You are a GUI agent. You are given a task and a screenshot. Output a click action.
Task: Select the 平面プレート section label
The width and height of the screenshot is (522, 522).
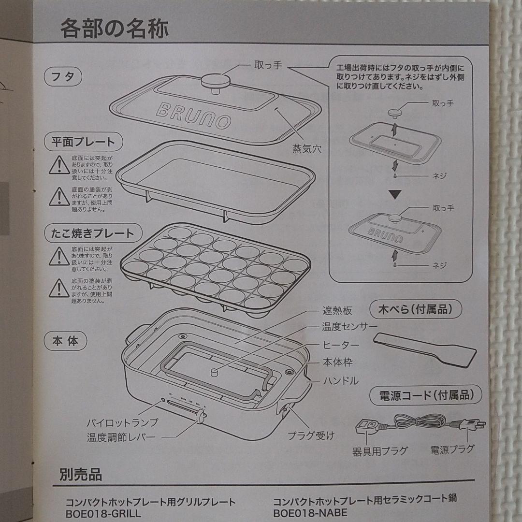pyautogui.click(x=83, y=142)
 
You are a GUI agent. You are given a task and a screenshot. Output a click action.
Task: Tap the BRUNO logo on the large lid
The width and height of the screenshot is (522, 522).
pyautogui.click(x=193, y=115)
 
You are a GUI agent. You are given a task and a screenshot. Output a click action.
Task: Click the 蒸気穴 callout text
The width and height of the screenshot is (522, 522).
pyautogui.click(x=306, y=149)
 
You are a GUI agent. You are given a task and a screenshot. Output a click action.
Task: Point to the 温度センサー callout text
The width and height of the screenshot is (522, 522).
pyautogui.click(x=349, y=327)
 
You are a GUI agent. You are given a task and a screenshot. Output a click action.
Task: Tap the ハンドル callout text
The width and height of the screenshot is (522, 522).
pyautogui.click(x=341, y=381)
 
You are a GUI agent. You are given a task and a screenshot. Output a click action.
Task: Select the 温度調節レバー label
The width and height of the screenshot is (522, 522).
pyautogui.click(x=121, y=438)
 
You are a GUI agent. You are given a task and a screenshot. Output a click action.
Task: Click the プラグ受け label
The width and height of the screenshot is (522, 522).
pyautogui.click(x=311, y=436)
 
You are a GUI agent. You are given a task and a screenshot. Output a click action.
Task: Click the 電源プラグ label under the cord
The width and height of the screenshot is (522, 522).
pyautogui.click(x=452, y=450)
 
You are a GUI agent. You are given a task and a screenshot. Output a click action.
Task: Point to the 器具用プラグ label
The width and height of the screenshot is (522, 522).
pyautogui.click(x=379, y=451)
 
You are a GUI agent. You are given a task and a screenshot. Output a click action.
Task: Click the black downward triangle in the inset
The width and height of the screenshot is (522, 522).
pyautogui.click(x=396, y=194)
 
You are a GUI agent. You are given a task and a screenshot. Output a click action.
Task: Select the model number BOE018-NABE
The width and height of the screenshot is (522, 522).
pyautogui.click(x=310, y=512)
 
